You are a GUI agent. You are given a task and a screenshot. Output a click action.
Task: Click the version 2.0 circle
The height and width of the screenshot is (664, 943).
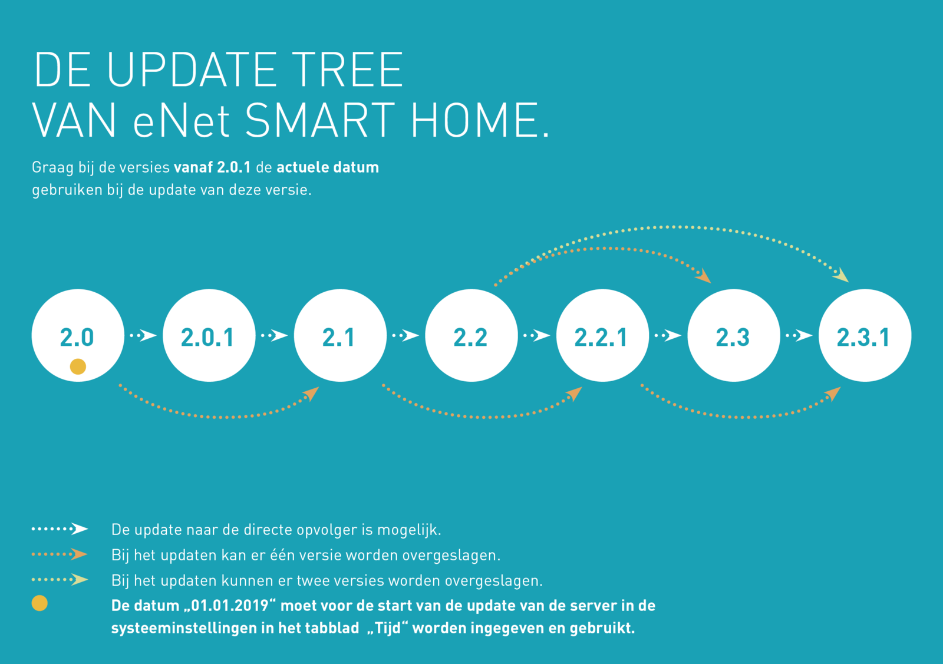(x=78, y=335)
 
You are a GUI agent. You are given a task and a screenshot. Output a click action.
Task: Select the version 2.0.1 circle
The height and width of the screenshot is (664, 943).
(x=209, y=335)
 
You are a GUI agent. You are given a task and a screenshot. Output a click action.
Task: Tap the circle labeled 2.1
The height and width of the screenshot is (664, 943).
(x=340, y=335)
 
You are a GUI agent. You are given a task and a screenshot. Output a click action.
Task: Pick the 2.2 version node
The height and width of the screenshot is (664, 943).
(x=471, y=335)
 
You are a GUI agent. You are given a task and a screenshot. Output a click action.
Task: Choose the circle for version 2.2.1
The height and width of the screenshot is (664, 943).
(x=603, y=335)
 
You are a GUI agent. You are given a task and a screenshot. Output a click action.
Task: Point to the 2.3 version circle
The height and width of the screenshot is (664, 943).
(x=734, y=335)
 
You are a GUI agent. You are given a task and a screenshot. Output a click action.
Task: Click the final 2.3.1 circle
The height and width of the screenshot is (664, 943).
(x=865, y=335)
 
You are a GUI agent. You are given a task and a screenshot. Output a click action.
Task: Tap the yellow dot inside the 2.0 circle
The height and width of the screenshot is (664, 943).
(x=78, y=366)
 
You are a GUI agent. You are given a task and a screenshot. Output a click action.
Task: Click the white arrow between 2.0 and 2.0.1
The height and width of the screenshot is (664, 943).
(x=143, y=335)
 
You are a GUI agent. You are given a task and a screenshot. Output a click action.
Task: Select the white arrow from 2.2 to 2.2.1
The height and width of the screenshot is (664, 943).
(x=537, y=335)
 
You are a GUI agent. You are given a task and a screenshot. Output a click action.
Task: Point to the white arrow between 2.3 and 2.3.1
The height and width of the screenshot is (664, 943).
(x=799, y=335)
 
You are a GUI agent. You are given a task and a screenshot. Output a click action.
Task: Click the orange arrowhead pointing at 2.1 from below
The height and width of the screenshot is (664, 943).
(x=312, y=394)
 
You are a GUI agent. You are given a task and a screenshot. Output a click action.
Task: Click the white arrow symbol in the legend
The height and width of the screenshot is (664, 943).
(x=60, y=528)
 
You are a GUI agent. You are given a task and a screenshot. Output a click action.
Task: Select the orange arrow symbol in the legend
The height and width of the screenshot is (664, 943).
(x=60, y=554)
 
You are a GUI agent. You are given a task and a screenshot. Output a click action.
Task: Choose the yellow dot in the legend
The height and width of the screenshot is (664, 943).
(x=39, y=603)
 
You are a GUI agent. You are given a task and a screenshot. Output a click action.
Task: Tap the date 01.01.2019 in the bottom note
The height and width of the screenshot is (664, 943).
(x=230, y=606)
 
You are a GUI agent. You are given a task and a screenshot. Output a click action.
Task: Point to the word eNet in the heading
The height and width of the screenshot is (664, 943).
(x=182, y=121)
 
